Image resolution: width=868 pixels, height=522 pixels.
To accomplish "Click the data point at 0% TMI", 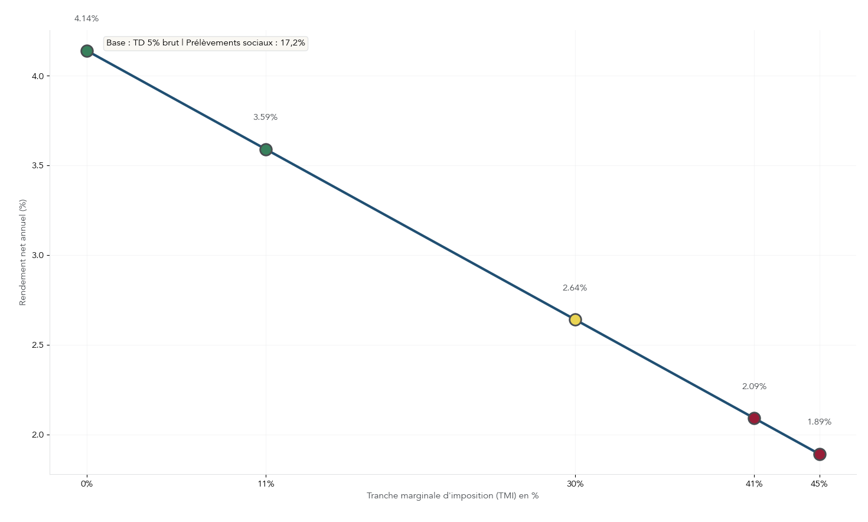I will pos(87,51).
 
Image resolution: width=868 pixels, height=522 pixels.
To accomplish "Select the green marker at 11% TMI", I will pos(266,149).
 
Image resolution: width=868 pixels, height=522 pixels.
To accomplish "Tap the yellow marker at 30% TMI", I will pos(575,319).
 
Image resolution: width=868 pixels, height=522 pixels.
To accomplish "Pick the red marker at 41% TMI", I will pos(754,418).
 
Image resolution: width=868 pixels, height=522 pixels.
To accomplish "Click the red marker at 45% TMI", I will pos(820,454).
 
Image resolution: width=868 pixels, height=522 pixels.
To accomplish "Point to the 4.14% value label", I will pos(86,19).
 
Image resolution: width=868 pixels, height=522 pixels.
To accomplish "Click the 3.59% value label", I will pos(265,117).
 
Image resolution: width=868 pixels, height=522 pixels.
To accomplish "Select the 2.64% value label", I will pos(575,288).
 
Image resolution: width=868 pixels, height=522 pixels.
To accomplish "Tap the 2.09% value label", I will pos(754,386).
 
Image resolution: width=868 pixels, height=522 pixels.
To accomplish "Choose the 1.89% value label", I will pos(819,422).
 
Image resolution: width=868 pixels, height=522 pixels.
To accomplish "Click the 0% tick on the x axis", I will pos(87,484).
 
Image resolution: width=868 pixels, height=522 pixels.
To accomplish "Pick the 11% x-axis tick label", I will pos(266,484).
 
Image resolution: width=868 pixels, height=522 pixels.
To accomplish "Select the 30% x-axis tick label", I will pos(575,484).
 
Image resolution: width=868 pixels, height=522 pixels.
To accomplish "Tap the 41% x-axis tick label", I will pos(754,484).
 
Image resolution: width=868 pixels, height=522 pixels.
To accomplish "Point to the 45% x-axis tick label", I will pos(819,484).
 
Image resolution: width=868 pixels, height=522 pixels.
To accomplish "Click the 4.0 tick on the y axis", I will pos(38,76).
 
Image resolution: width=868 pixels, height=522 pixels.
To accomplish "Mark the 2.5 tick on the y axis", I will pos(38,345).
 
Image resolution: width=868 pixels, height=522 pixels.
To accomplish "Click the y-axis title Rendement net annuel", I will pos(23,252).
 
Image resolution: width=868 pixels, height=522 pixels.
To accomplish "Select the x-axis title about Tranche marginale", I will pos(452,495).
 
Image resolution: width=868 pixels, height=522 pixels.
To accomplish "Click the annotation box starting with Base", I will pos(205,43).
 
